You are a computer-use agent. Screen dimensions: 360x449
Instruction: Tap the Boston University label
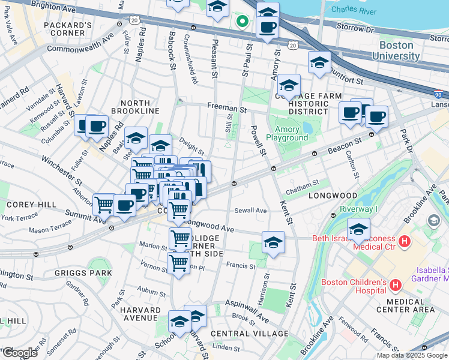tap(396, 50)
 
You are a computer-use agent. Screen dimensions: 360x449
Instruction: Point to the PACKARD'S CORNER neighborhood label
tap(67, 29)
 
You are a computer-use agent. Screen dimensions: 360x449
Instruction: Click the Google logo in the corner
tap(19, 352)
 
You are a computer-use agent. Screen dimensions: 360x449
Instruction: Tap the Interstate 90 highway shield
tap(439, 95)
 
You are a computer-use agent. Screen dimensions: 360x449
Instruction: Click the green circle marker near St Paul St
tap(242, 22)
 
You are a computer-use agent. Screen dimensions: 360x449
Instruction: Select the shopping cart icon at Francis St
tap(178, 263)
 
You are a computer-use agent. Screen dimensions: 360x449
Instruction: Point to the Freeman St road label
tap(227, 109)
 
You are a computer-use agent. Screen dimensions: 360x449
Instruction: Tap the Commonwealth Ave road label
tap(80, 46)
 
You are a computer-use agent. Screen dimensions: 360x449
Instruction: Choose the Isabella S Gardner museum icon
tap(432, 221)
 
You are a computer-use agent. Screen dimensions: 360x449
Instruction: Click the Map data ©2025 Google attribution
tap(411, 355)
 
